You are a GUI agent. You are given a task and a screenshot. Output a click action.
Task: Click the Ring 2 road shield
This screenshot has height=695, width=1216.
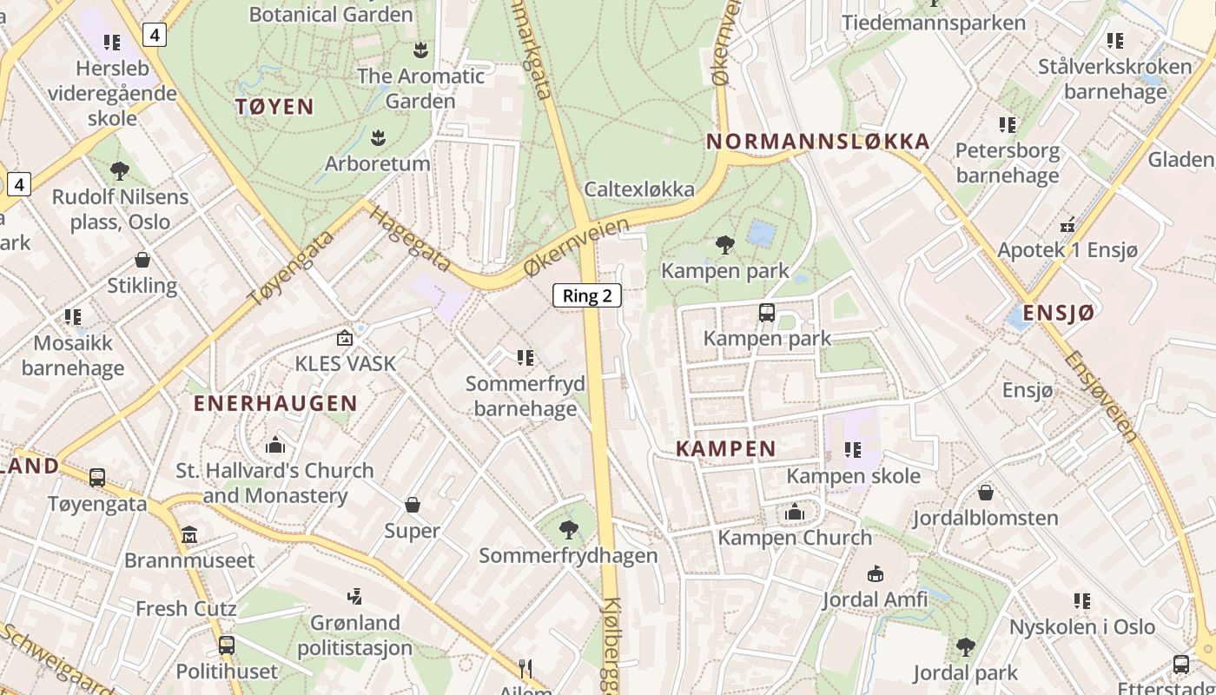point(587,295)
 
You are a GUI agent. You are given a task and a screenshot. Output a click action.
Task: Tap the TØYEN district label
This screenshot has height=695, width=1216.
point(274,107)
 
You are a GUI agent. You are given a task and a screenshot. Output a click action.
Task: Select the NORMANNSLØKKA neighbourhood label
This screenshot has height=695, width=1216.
point(817,142)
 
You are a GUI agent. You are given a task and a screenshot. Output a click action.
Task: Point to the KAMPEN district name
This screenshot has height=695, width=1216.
point(725,449)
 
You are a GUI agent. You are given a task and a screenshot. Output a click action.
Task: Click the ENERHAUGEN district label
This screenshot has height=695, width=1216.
point(275,403)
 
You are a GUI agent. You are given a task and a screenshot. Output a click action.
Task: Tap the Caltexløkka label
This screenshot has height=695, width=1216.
point(639,189)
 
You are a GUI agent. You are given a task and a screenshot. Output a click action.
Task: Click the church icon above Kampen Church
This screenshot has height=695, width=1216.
point(794,513)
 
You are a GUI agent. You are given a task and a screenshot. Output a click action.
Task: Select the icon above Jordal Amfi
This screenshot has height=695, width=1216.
point(876,573)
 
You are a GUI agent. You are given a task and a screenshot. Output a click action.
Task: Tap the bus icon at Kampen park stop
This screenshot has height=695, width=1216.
point(766,313)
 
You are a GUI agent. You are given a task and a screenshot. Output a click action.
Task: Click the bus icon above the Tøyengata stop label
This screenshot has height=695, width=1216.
point(97,477)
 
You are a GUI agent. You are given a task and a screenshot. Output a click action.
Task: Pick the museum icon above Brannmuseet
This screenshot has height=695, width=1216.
point(189,534)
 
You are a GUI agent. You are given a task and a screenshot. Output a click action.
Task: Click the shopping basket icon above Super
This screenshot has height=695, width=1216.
point(413,505)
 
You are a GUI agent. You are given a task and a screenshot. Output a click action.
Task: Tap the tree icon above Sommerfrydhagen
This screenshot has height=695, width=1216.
point(568,529)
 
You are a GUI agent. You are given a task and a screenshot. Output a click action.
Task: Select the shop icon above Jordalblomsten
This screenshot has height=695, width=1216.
point(985,493)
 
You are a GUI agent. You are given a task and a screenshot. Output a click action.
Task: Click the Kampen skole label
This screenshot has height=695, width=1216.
point(853,476)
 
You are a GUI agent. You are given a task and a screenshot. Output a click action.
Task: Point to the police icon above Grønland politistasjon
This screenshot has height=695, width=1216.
point(354,597)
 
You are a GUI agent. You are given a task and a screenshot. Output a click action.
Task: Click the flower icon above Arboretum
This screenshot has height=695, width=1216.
point(378,137)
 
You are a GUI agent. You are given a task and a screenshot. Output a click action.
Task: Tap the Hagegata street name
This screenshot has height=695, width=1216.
point(410,240)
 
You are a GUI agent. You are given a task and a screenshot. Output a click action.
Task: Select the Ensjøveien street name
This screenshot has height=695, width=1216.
point(1100,395)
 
